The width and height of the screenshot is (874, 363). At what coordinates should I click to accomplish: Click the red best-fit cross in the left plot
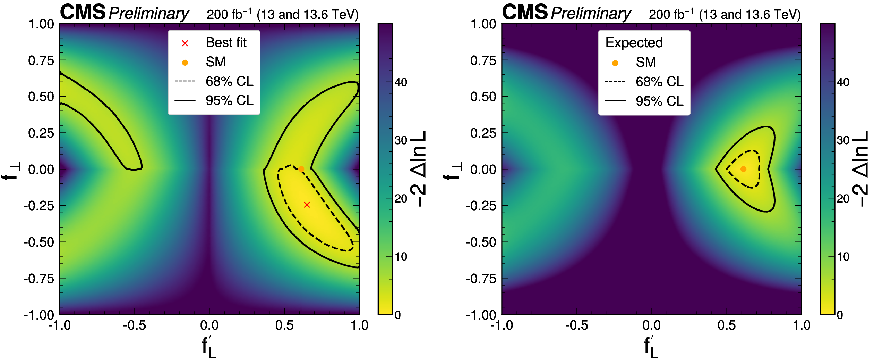(307, 205)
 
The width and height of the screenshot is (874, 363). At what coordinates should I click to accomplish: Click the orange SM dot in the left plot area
(301, 169)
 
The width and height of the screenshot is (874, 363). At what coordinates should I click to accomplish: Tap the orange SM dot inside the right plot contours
(743, 169)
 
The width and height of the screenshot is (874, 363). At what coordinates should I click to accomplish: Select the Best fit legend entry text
(226, 43)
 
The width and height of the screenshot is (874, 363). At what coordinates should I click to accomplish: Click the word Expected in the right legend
(634, 43)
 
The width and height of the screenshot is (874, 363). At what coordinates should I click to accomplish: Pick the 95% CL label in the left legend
(230, 101)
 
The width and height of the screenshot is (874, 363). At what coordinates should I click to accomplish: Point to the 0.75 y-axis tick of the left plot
(41, 60)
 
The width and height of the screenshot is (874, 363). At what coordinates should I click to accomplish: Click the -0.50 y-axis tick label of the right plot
(481, 242)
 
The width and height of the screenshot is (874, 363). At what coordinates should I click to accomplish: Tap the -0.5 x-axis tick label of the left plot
(134, 325)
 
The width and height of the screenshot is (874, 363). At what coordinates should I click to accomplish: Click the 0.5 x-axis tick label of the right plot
(727, 325)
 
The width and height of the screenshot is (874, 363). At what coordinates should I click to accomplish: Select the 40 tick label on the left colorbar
(401, 83)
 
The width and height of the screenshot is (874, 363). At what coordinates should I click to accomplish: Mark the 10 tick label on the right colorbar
(843, 257)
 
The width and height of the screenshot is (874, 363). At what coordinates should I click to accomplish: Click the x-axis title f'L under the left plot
(209, 347)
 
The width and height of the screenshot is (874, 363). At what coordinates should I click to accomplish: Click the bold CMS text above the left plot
(83, 13)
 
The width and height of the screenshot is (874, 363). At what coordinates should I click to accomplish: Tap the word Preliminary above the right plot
(591, 14)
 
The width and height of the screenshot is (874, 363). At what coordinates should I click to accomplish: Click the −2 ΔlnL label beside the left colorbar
(419, 169)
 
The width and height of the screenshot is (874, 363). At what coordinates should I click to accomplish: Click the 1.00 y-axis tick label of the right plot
(483, 24)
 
